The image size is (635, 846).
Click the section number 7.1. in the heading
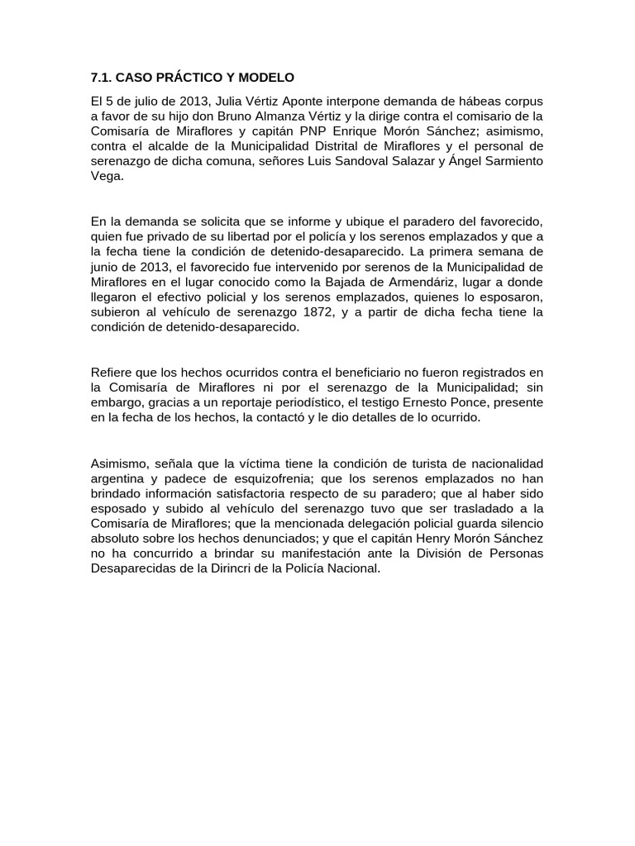(x=101, y=78)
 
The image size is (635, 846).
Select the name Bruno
(x=219, y=116)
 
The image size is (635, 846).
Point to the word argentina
(x=118, y=478)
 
